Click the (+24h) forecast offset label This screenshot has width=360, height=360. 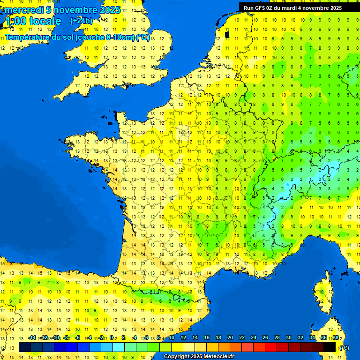pyautogui.click(x=81, y=21)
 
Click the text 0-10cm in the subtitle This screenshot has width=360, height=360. pyautogui.click(x=120, y=37)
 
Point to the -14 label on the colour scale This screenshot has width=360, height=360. pyautogui.click(x=32, y=338)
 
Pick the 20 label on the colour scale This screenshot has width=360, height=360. pyautogui.click(x=230, y=338)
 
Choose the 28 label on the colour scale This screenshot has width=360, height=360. pyautogui.click(x=277, y=338)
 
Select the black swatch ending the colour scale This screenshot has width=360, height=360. pyautogui.click(x=330, y=347)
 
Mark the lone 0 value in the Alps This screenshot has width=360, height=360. pyautogui.click(x=321, y=179)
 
